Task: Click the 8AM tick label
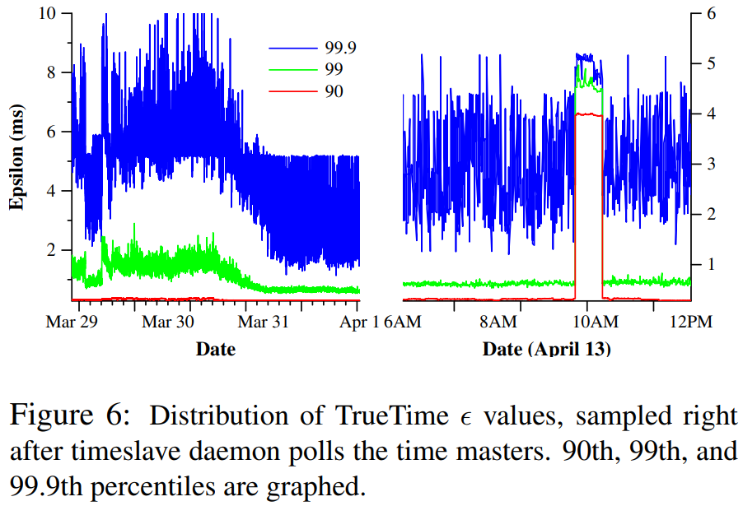[497, 322]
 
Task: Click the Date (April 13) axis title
[546, 349]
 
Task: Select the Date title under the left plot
[215, 349]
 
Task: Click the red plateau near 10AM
[588, 114]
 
